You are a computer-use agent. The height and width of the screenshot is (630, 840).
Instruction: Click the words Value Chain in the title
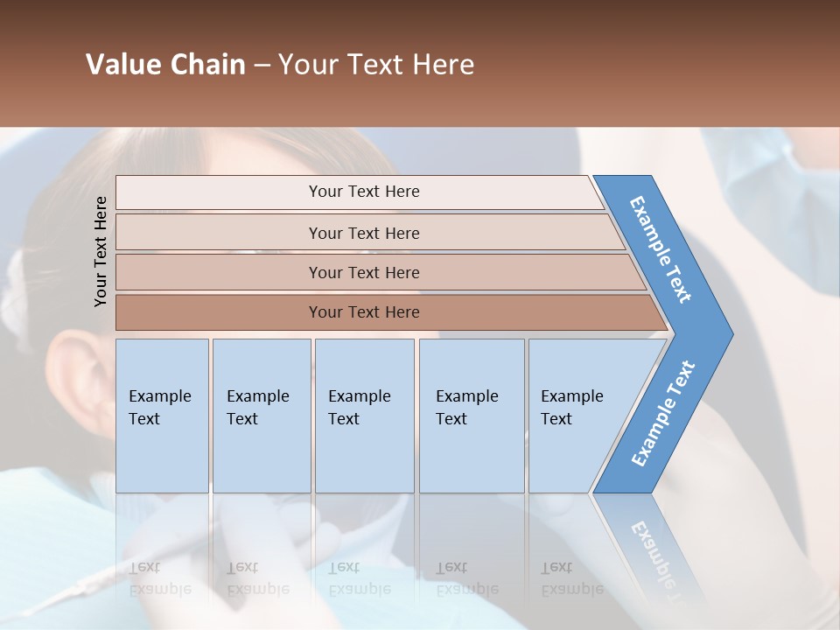tap(165, 65)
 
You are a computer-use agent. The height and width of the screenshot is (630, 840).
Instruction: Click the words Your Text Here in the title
tap(376, 65)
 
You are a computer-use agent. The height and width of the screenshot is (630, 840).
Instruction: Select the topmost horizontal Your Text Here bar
tap(364, 192)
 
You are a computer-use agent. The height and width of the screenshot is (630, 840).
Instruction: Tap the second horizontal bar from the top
tap(364, 233)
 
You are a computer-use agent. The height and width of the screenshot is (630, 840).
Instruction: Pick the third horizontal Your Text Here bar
tap(364, 272)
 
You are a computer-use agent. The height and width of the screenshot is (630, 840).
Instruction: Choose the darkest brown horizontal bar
tap(364, 312)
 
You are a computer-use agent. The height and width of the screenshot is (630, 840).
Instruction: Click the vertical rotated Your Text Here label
tap(101, 251)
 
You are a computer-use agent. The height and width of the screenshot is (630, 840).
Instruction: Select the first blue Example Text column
tap(162, 415)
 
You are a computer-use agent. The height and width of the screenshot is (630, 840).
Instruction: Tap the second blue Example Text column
tap(261, 415)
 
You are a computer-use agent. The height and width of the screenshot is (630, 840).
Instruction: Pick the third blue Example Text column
tap(363, 415)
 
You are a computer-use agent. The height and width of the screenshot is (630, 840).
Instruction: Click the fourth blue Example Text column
tap(471, 415)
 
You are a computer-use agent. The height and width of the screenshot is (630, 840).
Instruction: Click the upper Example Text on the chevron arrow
tap(661, 249)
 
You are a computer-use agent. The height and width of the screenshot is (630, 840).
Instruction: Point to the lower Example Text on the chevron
tap(662, 414)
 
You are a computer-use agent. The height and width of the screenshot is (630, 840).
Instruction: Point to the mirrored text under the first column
tap(159, 578)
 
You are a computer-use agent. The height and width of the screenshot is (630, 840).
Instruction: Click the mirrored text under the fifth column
tap(571, 578)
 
